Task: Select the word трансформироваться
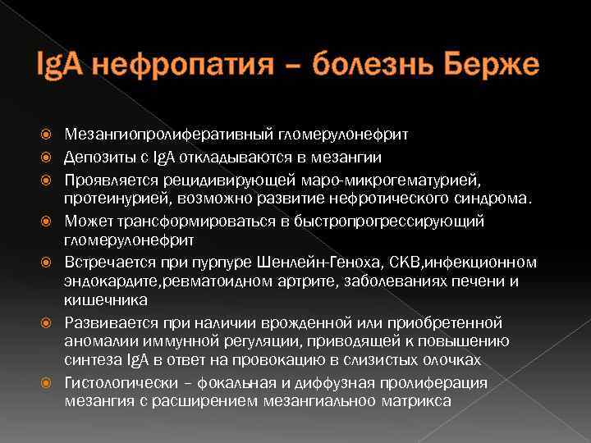click(x=206, y=221)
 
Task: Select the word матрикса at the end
click(x=416, y=401)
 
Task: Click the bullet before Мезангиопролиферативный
click(x=48, y=134)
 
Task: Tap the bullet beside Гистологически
click(x=48, y=383)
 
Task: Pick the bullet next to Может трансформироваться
click(x=48, y=221)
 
